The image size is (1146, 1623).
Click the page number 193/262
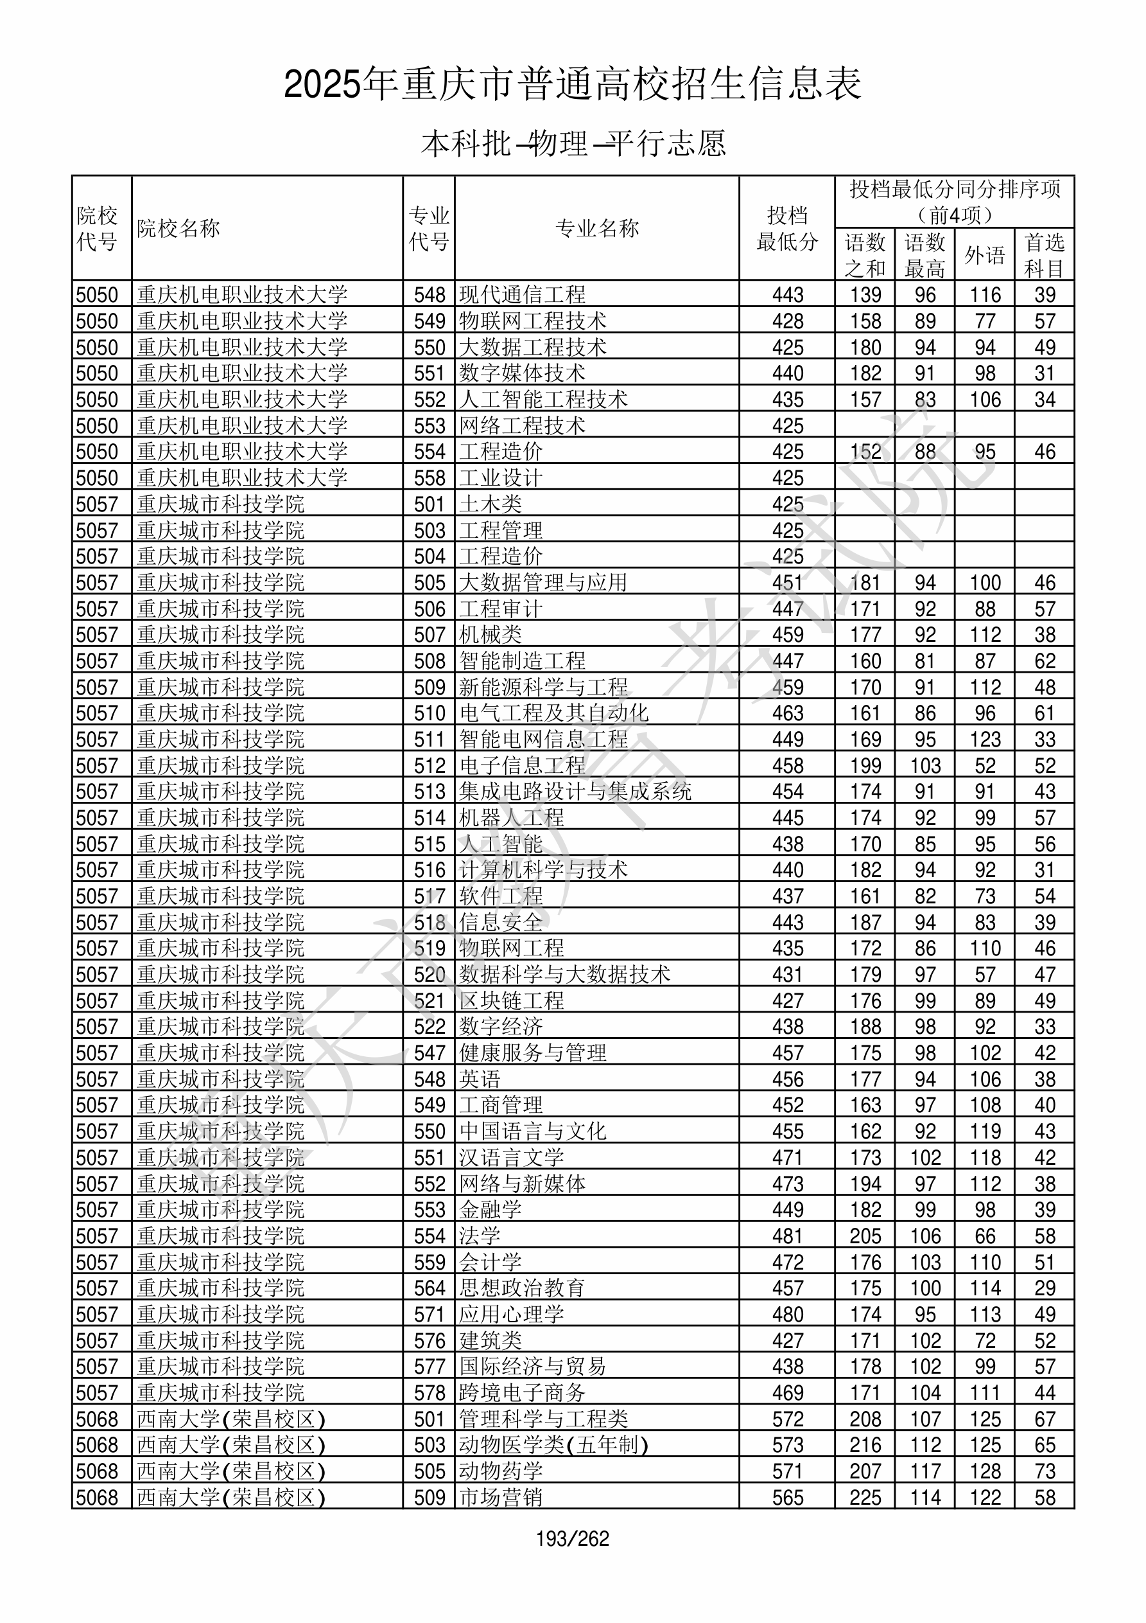point(572,1538)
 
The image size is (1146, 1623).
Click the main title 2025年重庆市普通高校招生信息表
point(573,84)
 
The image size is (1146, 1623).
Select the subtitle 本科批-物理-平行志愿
point(573,143)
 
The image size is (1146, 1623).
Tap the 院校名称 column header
point(178,228)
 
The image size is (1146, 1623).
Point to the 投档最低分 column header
point(787,228)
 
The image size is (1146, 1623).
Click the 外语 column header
point(985,254)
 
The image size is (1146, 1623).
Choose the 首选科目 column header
point(1045,254)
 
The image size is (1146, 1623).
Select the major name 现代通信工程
point(522,295)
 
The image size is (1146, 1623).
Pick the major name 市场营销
point(501,1497)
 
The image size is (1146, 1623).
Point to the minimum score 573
point(788,1445)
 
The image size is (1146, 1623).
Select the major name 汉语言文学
point(512,1158)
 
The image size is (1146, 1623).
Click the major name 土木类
point(491,504)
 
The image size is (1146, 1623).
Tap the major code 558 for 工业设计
point(430,478)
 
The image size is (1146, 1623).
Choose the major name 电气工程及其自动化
point(554,713)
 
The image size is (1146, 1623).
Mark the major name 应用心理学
point(512,1314)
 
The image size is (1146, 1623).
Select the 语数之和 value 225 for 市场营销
point(865,1497)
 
